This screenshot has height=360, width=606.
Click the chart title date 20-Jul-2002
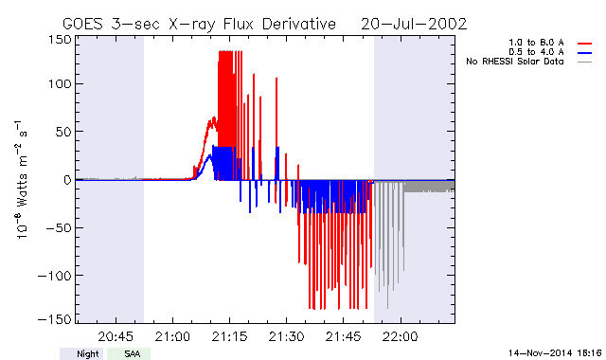(414, 25)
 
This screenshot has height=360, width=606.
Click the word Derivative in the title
(299, 25)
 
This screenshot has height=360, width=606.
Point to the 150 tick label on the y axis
(60, 40)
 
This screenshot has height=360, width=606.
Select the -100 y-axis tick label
(55, 276)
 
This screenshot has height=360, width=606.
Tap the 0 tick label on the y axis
(67, 180)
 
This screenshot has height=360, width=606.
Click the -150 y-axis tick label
(55, 319)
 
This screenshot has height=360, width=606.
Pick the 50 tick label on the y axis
(63, 132)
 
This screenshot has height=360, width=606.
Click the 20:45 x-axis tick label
(116, 337)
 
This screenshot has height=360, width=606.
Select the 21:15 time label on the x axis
(229, 337)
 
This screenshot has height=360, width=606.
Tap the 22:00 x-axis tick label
(400, 337)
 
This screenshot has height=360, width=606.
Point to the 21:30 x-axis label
(286, 337)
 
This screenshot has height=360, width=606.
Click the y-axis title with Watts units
(22, 179)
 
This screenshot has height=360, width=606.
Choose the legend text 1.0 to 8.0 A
(536, 43)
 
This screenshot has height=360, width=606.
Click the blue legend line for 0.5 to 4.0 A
(585, 53)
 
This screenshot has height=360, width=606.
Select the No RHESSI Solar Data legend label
(515, 62)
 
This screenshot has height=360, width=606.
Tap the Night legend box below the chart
(81, 353)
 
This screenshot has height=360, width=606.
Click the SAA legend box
(129, 353)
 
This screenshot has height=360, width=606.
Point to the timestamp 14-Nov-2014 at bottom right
(555, 353)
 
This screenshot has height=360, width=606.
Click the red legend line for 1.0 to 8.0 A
(585, 44)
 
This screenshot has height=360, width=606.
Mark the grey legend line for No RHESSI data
(585, 62)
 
